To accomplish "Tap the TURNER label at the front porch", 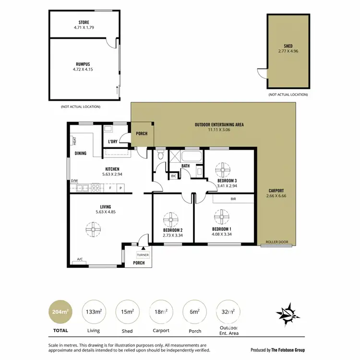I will [143, 255].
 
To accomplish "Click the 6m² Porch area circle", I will [195, 312].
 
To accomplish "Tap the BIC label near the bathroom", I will [173, 177].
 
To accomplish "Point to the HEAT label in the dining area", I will [75, 141].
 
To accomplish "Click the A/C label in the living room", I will [80, 259].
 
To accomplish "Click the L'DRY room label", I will [113, 142].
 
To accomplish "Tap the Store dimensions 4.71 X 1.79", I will [84, 28].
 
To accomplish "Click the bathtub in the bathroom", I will [192, 156].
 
